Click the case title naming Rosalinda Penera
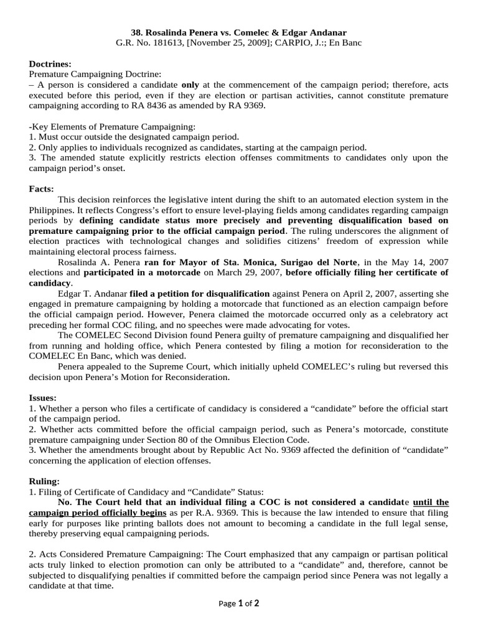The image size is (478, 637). [x=238, y=32]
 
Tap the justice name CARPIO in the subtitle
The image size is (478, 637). [x=301, y=42]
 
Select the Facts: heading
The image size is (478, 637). [x=42, y=188]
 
